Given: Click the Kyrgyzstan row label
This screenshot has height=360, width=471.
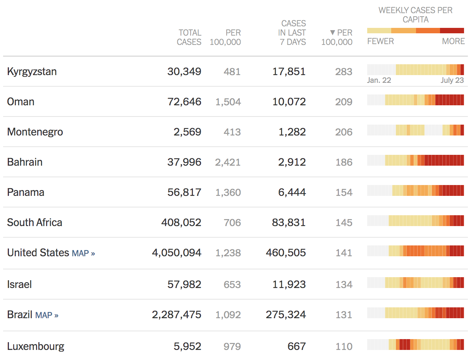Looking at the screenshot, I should click(x=32, y=72).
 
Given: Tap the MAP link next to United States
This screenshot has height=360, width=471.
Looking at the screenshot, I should click(x=83, y=253).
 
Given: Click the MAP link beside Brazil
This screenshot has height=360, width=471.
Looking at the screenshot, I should click(x=46, y=315).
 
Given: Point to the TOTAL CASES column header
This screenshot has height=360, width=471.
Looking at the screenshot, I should click(x=189, y=37).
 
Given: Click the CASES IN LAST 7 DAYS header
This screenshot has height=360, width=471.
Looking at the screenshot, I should click(x=292, y=33).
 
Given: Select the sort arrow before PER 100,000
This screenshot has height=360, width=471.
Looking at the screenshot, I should click(x=332, y=33).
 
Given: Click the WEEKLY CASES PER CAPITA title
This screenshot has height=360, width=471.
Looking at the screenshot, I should click(x=415, y=15).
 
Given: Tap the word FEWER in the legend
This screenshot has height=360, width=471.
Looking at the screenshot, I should click(x=380, y=41).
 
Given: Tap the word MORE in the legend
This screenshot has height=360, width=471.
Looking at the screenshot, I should click(x=453, y=41).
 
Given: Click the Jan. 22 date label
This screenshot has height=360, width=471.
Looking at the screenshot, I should click(x=379, y=81).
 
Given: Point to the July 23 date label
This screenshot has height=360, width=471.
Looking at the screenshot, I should click(x=452, y=81).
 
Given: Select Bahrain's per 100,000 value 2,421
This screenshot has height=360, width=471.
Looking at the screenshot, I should click(x=228, y=162).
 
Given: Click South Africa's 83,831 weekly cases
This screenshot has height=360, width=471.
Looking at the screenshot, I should click(x=289, y=223).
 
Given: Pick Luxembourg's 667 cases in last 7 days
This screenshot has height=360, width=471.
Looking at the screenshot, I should click(x=296, y=346).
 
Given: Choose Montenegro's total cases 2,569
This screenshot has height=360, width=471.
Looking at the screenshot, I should click(x=187, y=132).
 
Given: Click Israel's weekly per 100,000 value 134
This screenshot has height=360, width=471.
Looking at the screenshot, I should click(x=344, y=285).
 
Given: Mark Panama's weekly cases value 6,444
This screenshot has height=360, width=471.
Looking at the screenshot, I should click(x=292, y=192).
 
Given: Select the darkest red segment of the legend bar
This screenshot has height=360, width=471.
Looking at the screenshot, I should click(x=452, y=31).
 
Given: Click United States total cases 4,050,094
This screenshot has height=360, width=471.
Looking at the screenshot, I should click(x=176, y=253).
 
